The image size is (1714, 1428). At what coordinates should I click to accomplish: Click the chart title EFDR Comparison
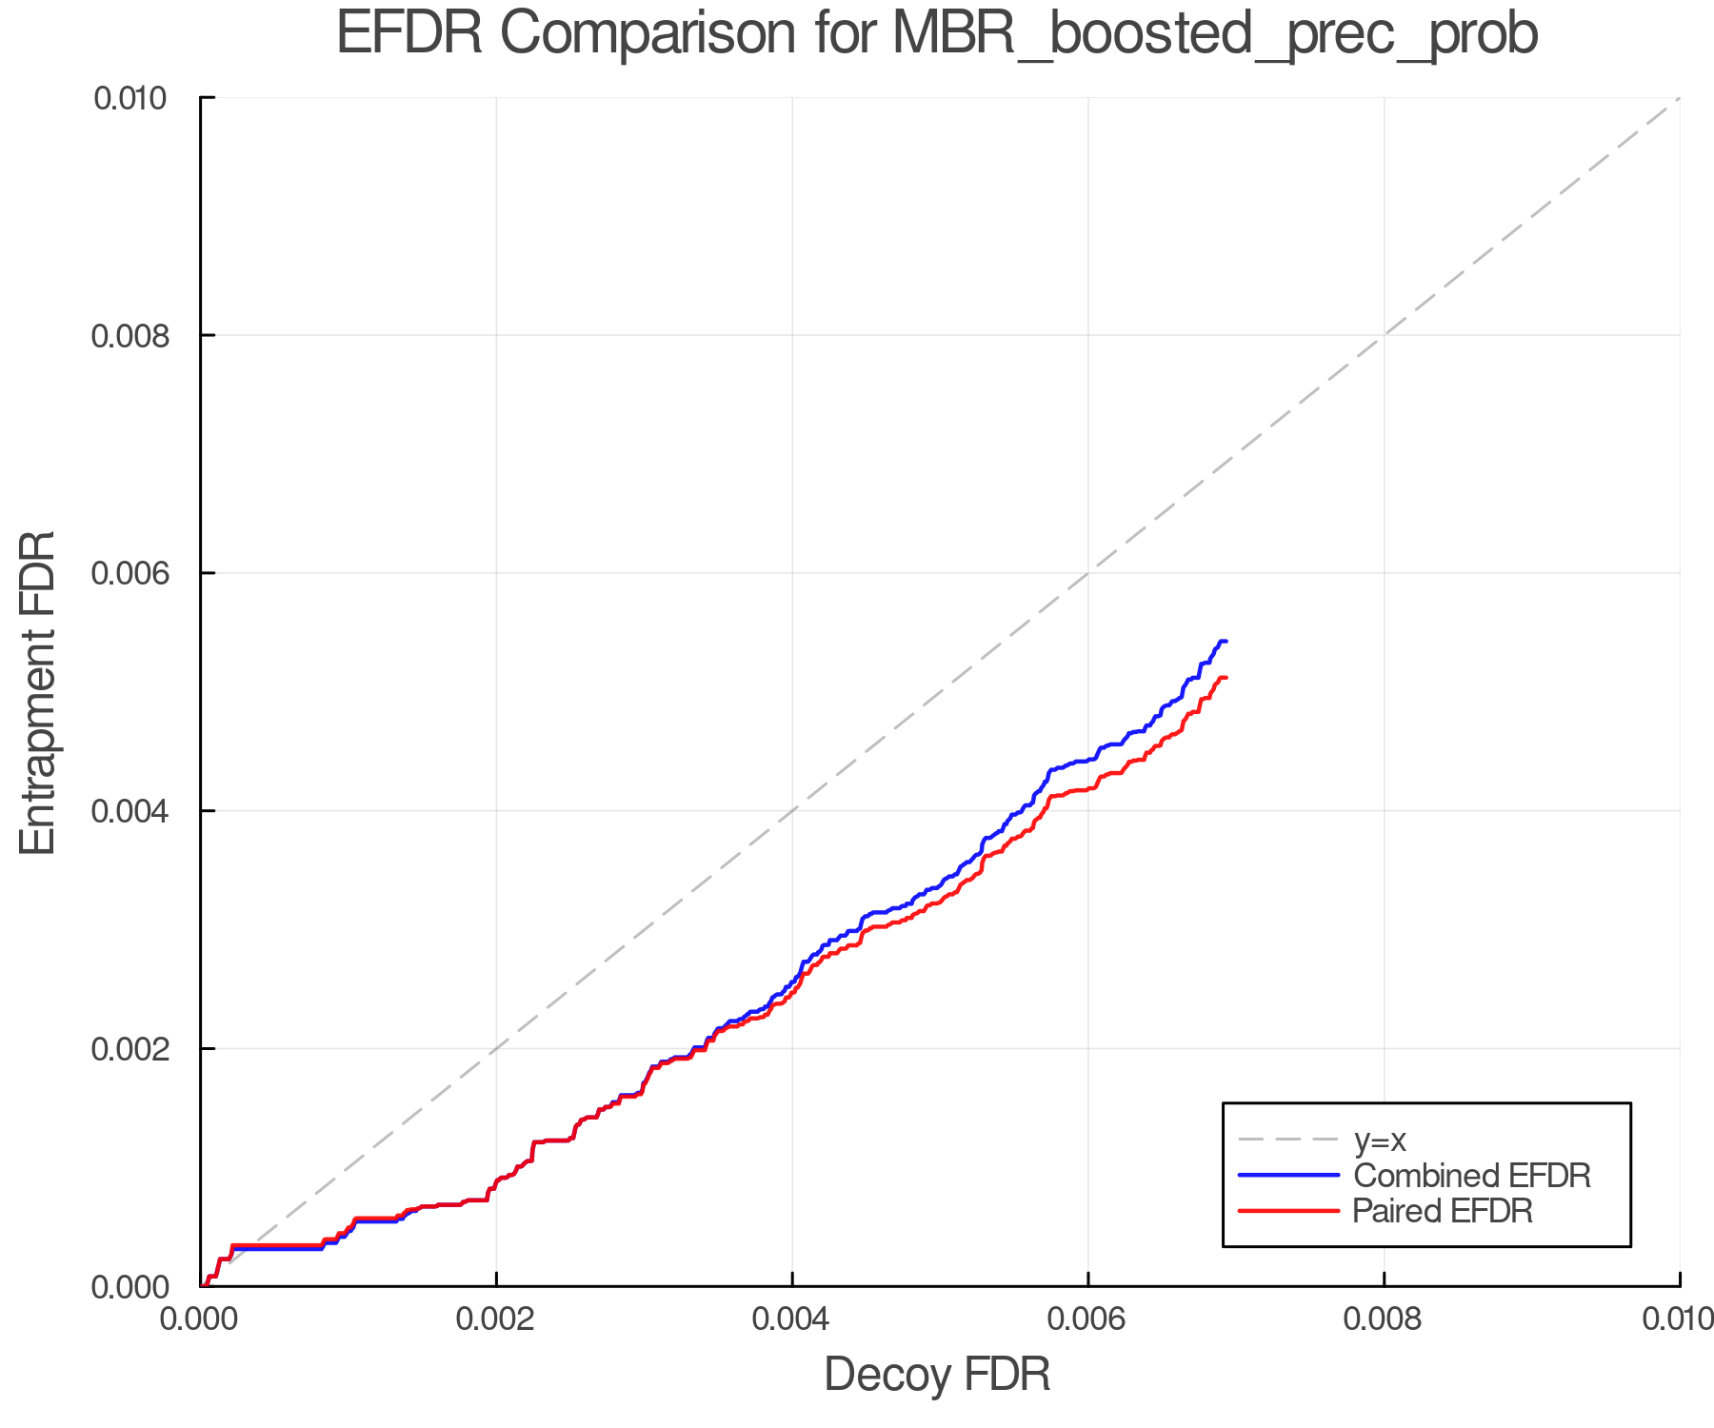click(x=937, y=34)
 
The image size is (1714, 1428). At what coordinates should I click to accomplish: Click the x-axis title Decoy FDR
click(x=937, y=1375)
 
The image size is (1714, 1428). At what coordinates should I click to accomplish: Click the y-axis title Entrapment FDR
click(x=38, y=692)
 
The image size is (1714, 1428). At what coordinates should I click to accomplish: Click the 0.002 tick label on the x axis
click(x=496, y=1319)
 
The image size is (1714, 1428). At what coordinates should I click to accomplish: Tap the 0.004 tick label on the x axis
click(x=792, y=1319)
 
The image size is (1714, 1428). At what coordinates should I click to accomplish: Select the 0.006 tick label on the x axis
click(x=1087, y=1319)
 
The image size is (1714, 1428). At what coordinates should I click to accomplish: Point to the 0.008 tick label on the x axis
click(x=1384, y=1319)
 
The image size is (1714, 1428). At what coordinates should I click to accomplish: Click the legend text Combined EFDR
click(x=1471, y=1176)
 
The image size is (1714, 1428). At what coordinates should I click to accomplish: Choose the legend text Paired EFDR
click(x=1443, y=1211)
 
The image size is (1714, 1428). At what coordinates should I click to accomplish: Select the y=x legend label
click(x=1380, y=1140)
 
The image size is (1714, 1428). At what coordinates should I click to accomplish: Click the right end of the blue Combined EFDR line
click(x=1226, y=642)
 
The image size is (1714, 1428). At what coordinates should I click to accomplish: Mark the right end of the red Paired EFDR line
click(x=1226, y=678)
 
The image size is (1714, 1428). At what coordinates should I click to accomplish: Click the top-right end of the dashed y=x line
click(x=1679, y=98)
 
